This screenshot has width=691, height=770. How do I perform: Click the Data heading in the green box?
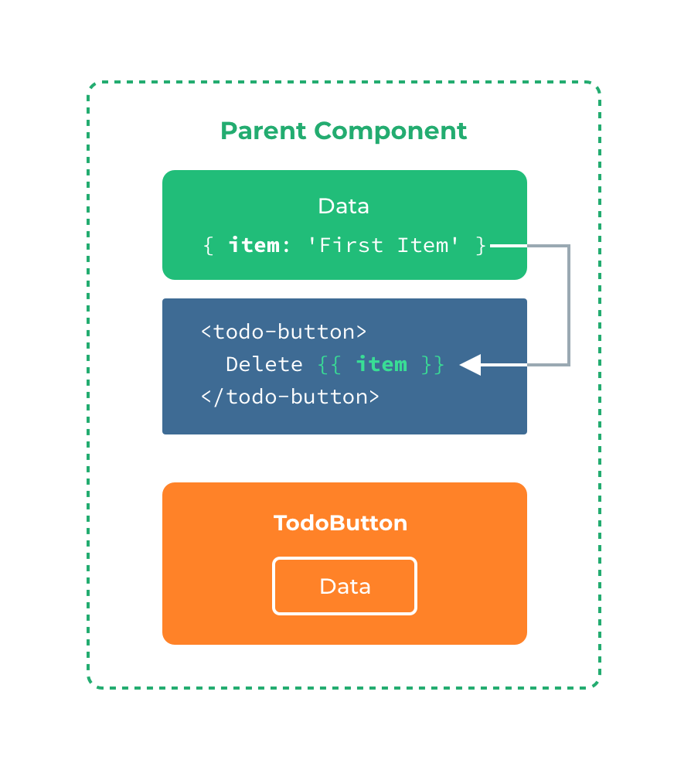point(343,206)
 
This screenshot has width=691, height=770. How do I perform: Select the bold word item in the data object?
point(254,245)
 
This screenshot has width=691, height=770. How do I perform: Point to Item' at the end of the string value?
point(428,245)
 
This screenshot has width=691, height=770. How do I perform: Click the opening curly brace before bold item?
point(207,246)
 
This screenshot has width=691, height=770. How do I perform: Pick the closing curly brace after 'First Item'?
point(481,246)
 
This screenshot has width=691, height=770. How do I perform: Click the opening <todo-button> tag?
point(283,332)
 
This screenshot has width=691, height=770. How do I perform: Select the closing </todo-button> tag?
point(290,397)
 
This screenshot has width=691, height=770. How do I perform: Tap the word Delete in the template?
point(264,364)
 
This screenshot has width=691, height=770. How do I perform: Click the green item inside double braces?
point(381,364)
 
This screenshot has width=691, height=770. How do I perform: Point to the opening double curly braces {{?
point(329,365)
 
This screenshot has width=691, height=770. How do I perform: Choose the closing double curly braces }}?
point(433,365)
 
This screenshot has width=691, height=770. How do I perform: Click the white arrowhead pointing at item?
point(471,364)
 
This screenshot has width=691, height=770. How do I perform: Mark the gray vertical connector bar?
point(582,305)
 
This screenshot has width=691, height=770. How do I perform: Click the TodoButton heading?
point(340,523)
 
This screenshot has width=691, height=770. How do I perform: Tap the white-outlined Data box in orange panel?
point(345,586)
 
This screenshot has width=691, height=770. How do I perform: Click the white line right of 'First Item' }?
point(509,246)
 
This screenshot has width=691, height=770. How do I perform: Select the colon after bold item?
point(286,246)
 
